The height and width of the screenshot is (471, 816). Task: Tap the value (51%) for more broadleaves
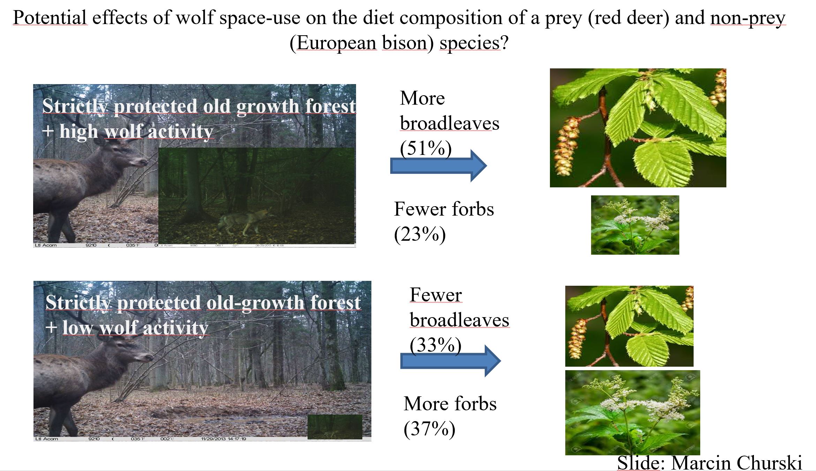pyautogui.click(x=426, y=149)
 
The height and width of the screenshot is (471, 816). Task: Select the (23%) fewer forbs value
pyautogui.click(x=420, y=234)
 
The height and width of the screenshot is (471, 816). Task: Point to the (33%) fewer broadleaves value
pyautogui.click(x=436, y=345)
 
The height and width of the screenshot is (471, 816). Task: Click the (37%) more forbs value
pyautogui.click(x=429, y=429)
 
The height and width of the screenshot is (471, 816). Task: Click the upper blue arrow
pyautogui.click(x=438, y=166)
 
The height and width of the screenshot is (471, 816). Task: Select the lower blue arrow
pyautogui.click(x=450, y=361)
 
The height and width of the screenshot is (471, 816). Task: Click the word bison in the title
pyautogui.click(x=405, y=43)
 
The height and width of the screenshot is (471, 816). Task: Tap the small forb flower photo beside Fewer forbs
pyautogui.click(x=635, y=225)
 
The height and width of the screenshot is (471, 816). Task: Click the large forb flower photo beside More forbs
pyautogui.click(x=632, y=412)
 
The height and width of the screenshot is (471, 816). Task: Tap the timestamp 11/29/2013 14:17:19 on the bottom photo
pyautogui.click(x=224, y=439)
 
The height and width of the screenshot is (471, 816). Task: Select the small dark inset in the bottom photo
pyautogui.click(x=335, y=426)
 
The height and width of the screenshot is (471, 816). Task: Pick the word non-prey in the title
pyautogui.click(x=748, y=18)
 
